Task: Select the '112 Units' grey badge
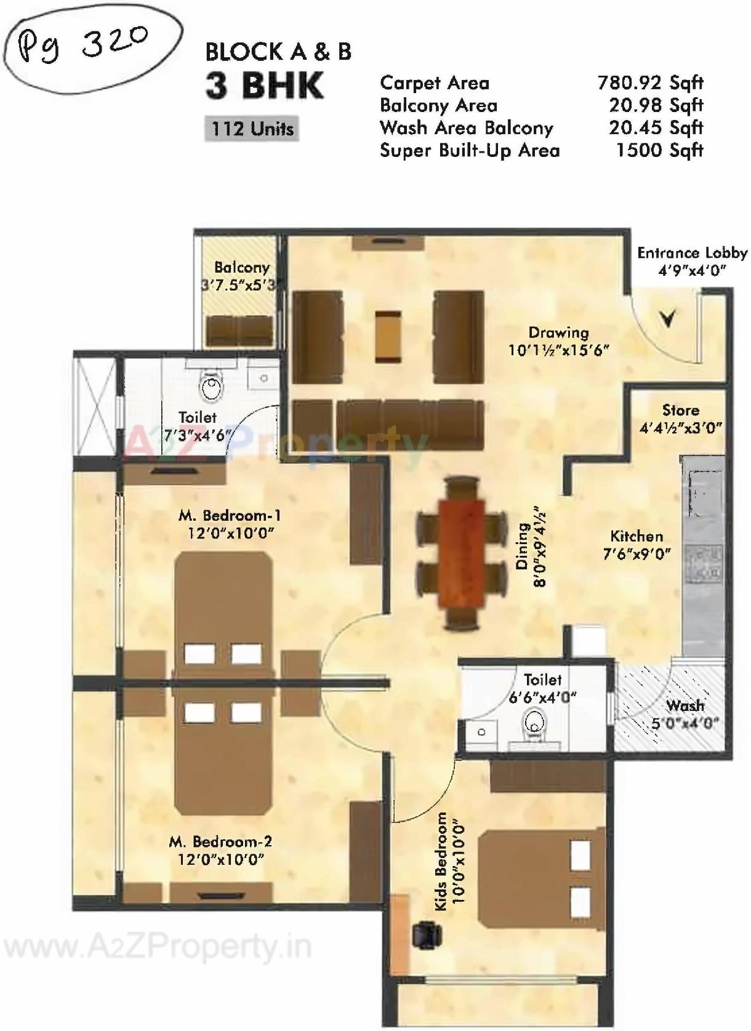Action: pyautogui.click(x=252, y=129)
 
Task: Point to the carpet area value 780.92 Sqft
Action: pyautogui.click(x=650, y=82)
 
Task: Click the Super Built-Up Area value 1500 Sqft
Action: pyautogui.click(x=659, y=150)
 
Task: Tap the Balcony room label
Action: pyautogui.click(x=242, y=268)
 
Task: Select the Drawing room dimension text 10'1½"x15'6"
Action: pyautogui.click(x=558, y=350)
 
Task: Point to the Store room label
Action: pyautogui.click(x=680, y=411)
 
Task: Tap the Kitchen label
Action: pyautogui.click(x=637, y=536)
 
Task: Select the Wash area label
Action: pyautogui.click(x=685, y=706)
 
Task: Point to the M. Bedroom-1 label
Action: pyautogui.click(x=230, y=515)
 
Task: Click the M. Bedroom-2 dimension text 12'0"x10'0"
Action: pyautogui.click(x=221, y=859)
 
